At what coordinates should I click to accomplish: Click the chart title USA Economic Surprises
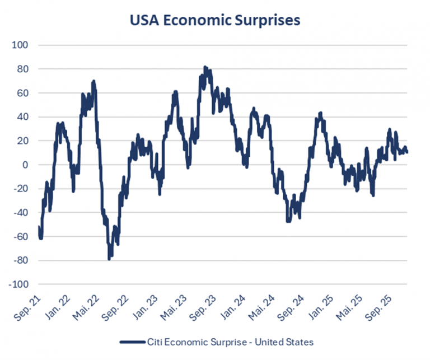pyautogui.click(x=215, y=21)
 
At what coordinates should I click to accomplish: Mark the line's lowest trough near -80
pyautogui.click(x=109, y=258)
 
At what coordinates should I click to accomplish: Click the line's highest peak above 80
pyautogui.click(x=205, y=67)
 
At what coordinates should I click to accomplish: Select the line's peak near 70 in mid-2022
pyautogui.click(x=94, y=82)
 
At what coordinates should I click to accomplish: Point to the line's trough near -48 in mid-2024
pyautogui.click(x=288, y=221)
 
